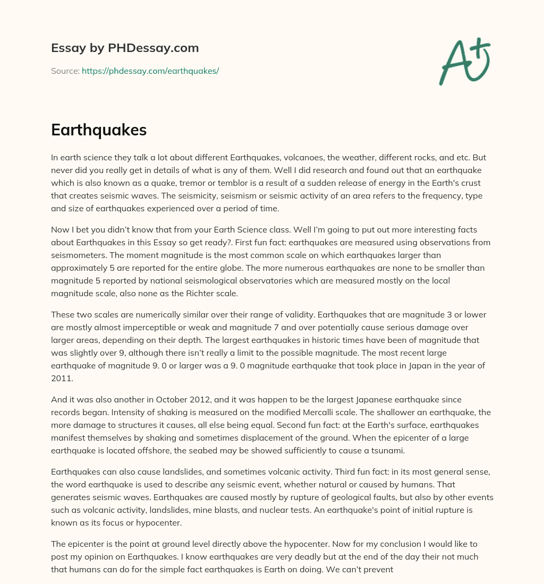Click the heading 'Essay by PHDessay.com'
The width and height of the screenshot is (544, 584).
125,48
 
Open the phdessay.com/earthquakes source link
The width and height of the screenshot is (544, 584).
150,71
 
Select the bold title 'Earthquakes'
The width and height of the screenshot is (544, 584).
99,130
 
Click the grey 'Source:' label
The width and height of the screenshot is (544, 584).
65,71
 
